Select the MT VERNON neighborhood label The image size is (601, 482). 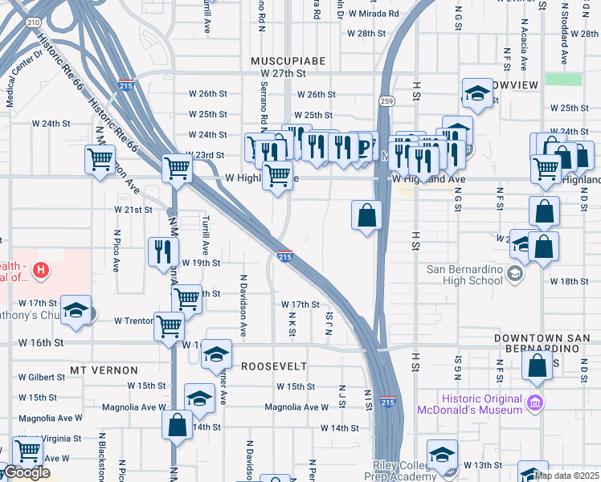tap(104, 370)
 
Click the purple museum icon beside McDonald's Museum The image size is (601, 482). tap(534, 401)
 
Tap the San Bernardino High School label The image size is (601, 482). tap(464, 275)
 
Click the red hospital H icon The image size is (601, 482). tap(39, 271)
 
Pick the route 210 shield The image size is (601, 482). tap(31, 22)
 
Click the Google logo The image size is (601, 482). tap(27, 472)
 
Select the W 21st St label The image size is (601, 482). tap(133, 210)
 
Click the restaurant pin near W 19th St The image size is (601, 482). tap(163, 250)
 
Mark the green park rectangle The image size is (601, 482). tap(562, 79)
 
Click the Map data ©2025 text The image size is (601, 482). tap(566, 475)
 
